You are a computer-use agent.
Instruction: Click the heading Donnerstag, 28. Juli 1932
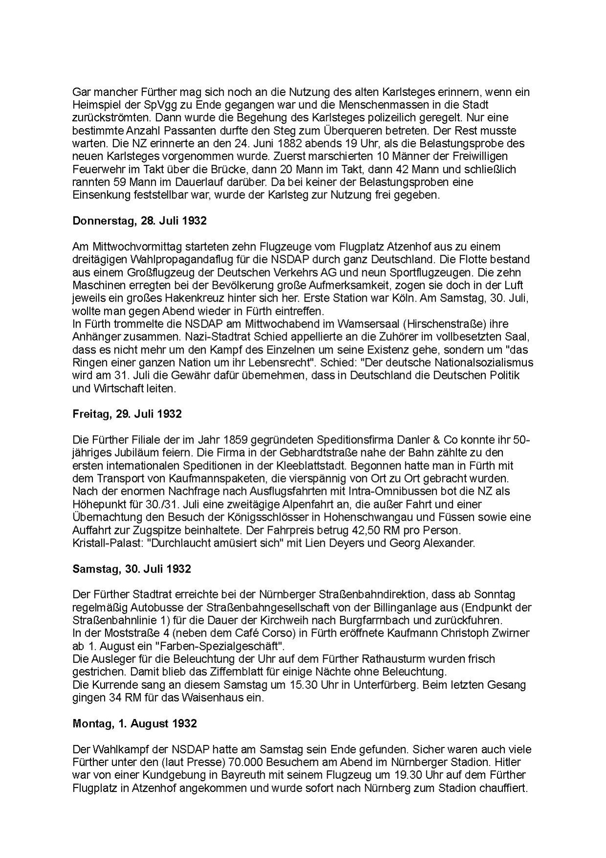[139, 221]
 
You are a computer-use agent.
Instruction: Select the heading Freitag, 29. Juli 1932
[127, 414]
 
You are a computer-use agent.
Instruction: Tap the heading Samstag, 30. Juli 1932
[132, 569]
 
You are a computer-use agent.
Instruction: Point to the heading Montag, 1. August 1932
[135, 723]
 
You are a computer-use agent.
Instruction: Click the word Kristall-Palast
[102, 543]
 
